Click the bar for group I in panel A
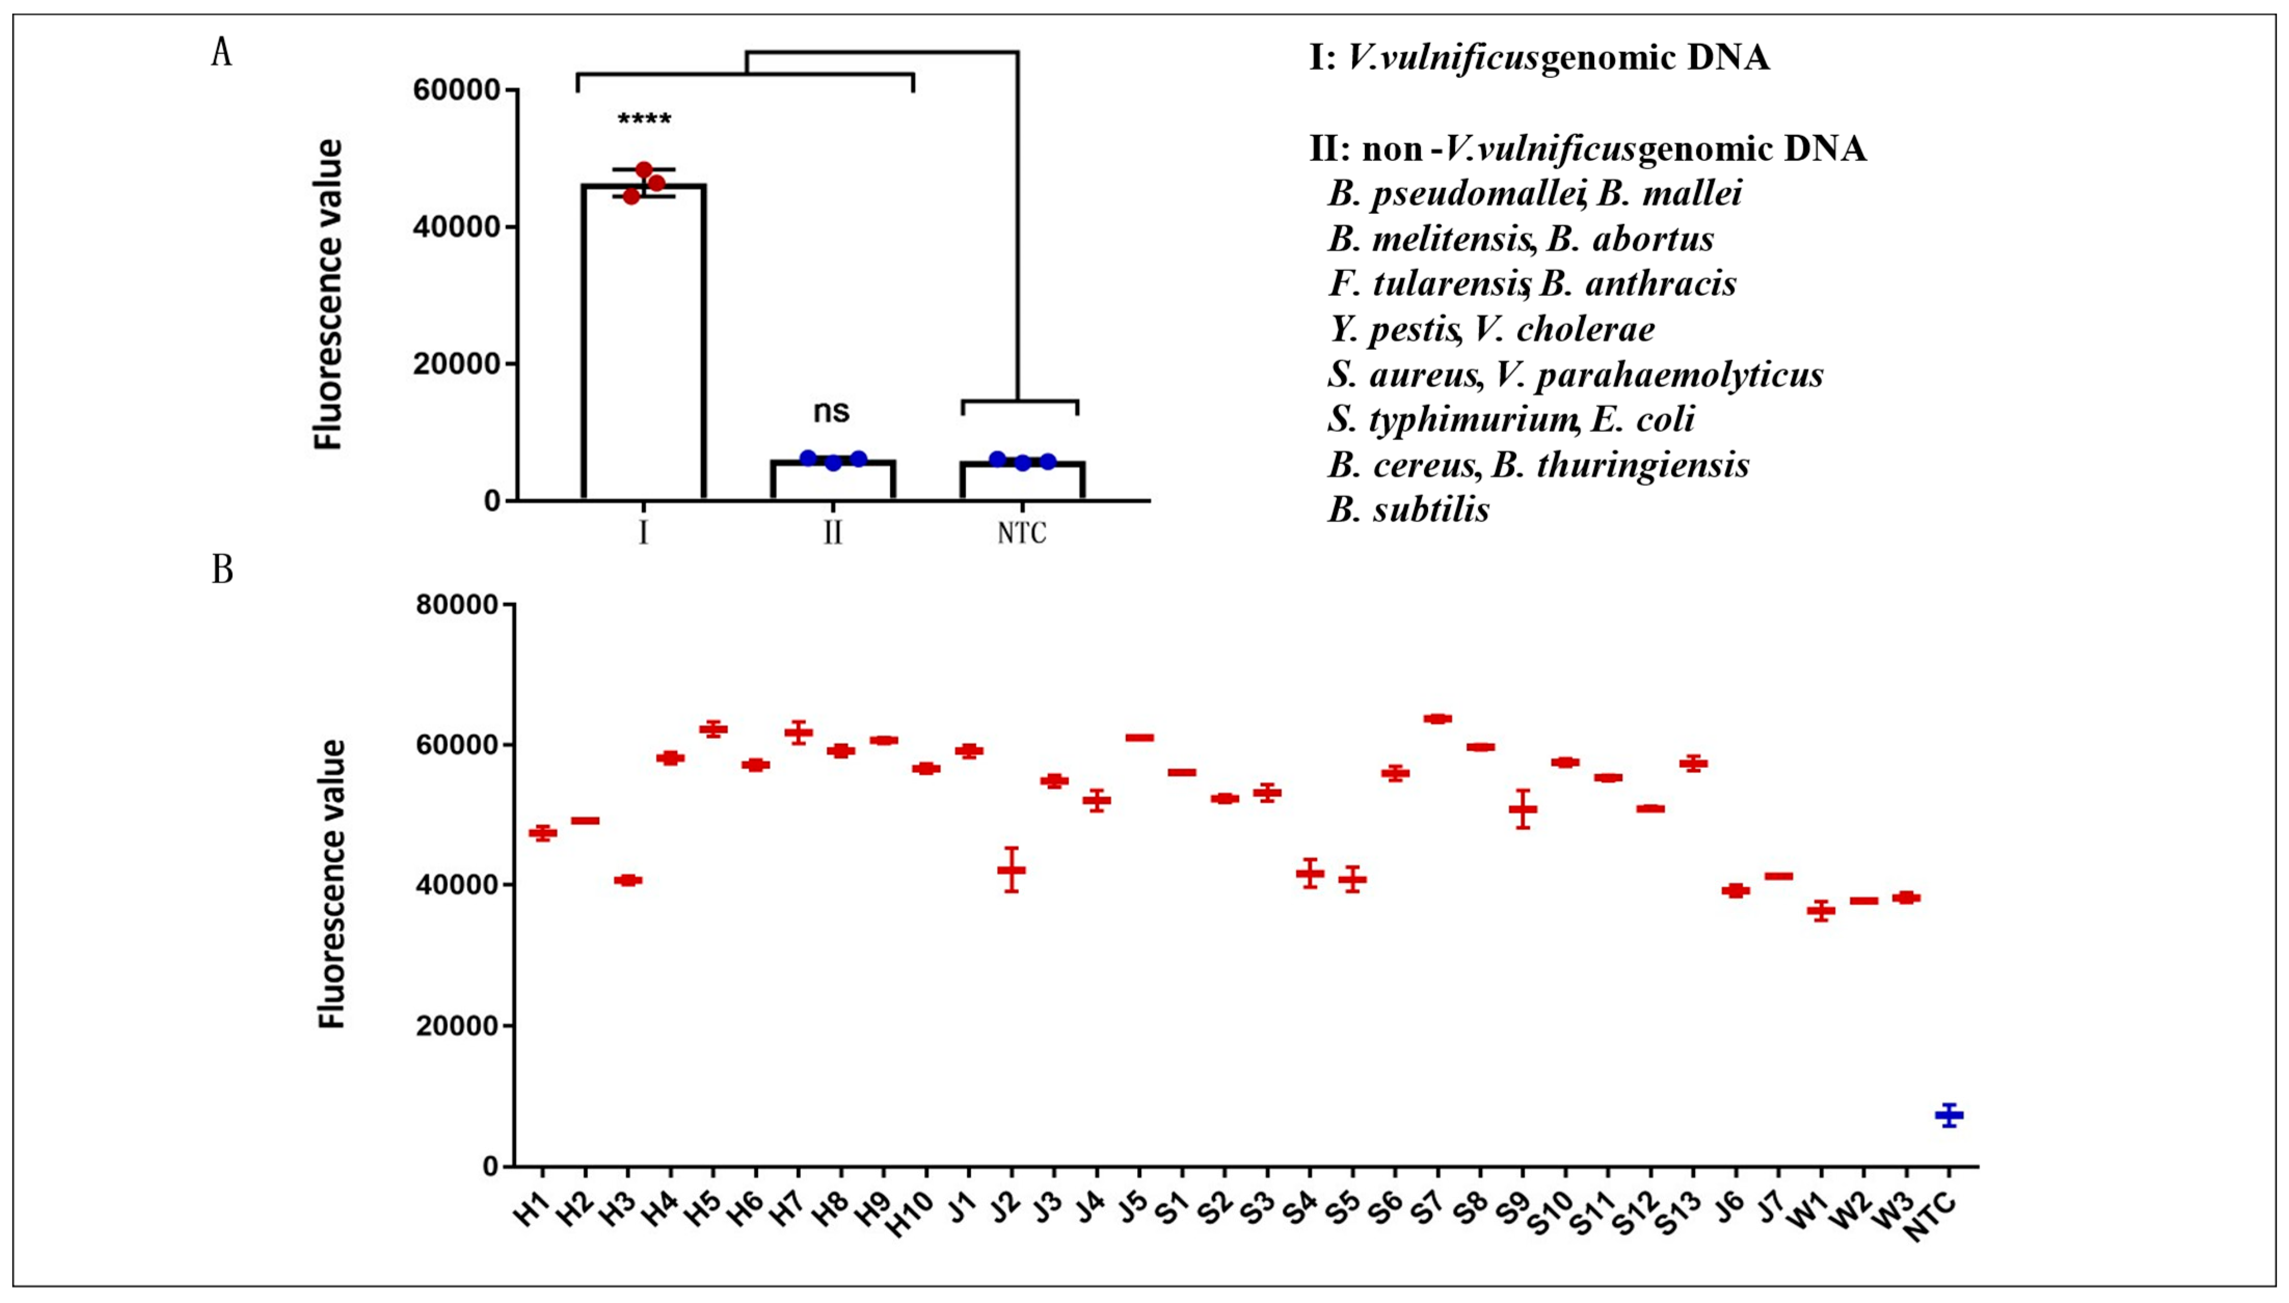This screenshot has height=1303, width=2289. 643,340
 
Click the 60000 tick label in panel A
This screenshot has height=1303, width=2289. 455,90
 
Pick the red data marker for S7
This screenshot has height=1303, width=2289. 1438,718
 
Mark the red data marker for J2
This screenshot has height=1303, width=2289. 1012,869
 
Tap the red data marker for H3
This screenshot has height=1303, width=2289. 628,880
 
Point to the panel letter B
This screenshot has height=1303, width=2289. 222,569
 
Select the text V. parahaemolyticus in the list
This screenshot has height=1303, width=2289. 1659,374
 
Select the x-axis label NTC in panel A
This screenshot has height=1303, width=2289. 1021,533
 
